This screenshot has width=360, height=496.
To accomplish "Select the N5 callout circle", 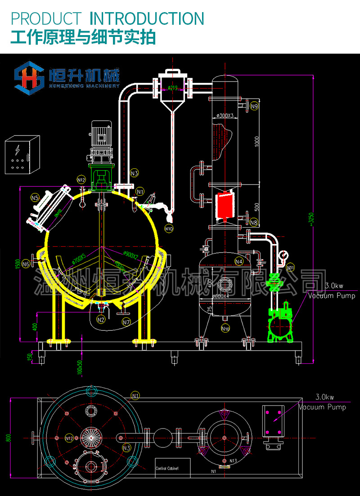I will tap(35, 197).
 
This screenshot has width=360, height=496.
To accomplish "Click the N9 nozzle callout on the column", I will tap(255, 107).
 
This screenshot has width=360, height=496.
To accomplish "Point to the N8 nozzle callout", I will tap(254, 222).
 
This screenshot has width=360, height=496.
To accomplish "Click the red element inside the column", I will tap(224, 206).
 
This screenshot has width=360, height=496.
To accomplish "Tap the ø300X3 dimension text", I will tap(225, 116).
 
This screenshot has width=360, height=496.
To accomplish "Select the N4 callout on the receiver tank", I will tap(239, 261).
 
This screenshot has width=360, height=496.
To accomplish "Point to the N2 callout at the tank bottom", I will tap(101, 320).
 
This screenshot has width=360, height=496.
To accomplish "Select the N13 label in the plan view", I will tap(233, 461).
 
